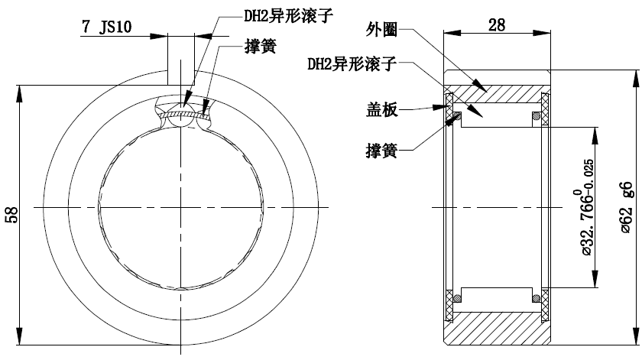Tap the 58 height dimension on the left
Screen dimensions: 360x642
(x=11, y=213)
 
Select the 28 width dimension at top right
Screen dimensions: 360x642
(x=497, y=25)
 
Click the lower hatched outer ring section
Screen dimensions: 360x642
(x=497, y=328)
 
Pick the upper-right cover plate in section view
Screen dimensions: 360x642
(x=546, y=107)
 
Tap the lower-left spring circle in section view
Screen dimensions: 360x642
(x=459, y=297)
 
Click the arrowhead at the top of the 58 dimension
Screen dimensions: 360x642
(x=21, y=89)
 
